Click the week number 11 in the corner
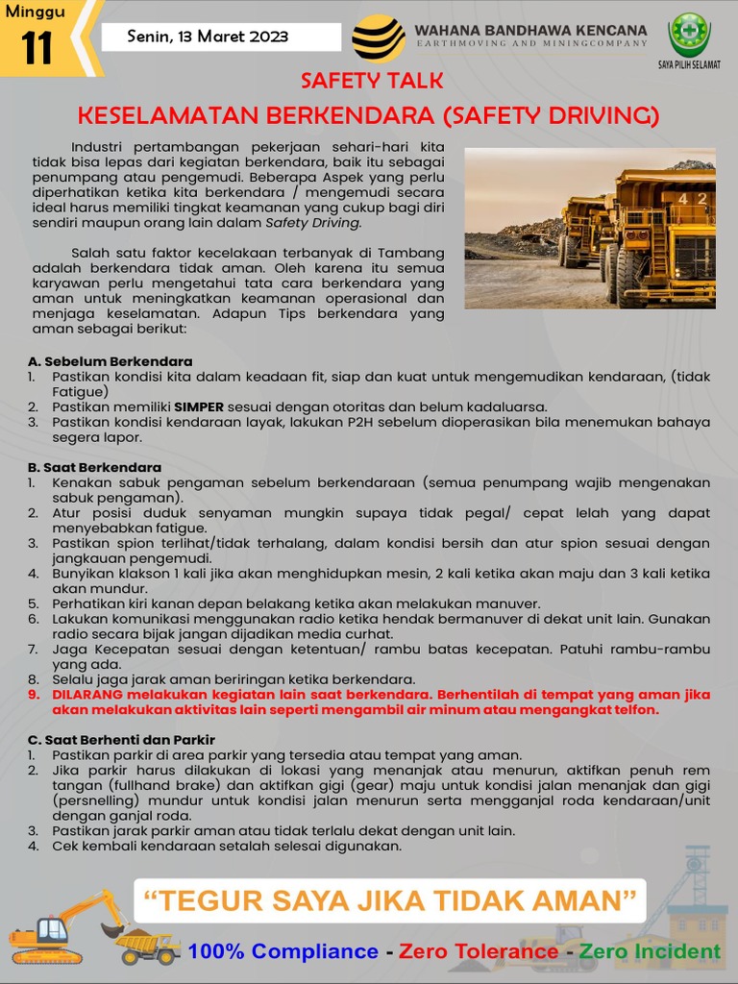[37, 49]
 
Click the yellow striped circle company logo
[378, 38]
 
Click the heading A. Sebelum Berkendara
[97, 361]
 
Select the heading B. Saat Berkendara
[95, 467]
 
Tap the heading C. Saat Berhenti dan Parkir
[122, 740]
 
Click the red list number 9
[33, 695]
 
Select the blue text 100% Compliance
[283, 951]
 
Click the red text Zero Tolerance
[479, 951]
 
